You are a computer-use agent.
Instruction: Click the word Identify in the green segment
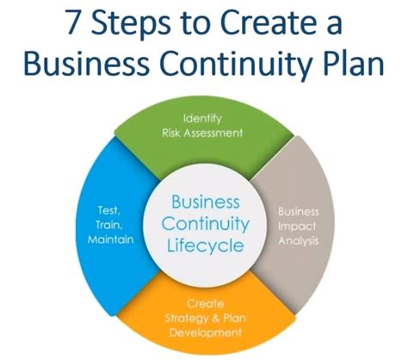click(x=202, y=119)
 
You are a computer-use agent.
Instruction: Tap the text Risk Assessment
click(x=202, y=133)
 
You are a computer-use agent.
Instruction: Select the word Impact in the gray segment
click(x=297, y=227)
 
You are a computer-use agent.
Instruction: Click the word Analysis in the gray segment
click(x=299, y=241)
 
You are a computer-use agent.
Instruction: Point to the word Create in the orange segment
click(x=205, y=304)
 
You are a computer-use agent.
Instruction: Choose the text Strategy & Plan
click(x=205, y=319)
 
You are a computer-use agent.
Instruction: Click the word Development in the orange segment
click(x=205, y=332)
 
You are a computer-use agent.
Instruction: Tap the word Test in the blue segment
click(x=108, y=210)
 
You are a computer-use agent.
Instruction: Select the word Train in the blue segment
click(x=109, y=225)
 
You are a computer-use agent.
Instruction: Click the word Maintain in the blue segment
click(x=111, y=239)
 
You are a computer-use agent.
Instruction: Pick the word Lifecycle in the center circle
click(x=206, y=246)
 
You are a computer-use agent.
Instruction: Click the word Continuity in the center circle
click(x=206, y=224)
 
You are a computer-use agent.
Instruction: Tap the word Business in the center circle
click(x=206, y=202)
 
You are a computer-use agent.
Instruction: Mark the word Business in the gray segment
click(x=299, y=212)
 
